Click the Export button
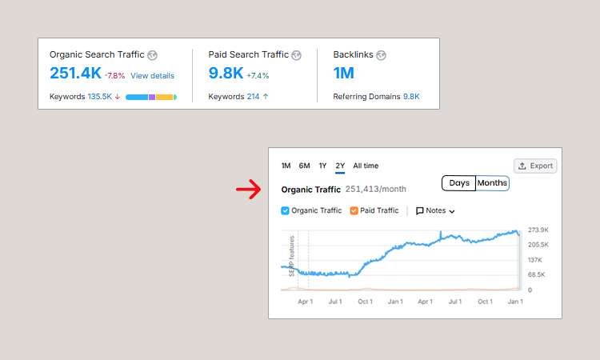tap(535, 166)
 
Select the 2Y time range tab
tap(340, 166)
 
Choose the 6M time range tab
tap(304, 166)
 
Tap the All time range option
tap(366, 166)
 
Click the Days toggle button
tap(459, 183)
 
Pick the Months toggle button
tap(492, 183)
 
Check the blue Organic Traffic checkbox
tap(286, 210)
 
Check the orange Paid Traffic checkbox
tap(354, 210)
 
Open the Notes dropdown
tap(435, 211)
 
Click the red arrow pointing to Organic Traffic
tap(249, 190)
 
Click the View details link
tap(152, 76)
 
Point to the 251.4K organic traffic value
tap(75, 74)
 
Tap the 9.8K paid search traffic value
tap(226, 74)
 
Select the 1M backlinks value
tap(344, 74)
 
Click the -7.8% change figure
tap(115, 76)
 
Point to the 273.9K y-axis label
tap(538, 230)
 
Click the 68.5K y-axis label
tap(537, 274)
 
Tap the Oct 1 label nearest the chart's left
tap(365, 302)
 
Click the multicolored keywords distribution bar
tap(151, 97)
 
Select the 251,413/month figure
tap(375, 190)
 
